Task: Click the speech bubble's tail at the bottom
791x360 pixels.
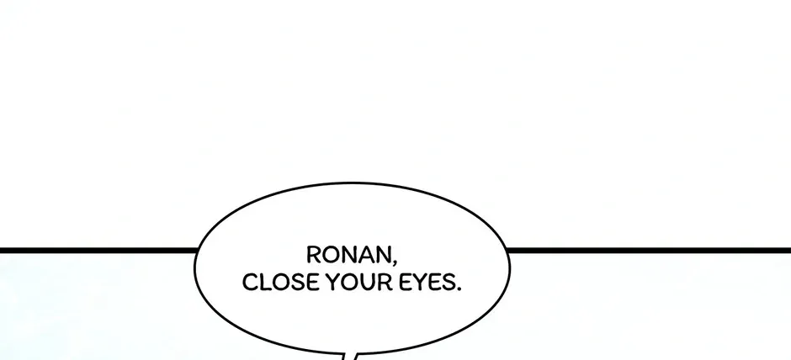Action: tap(351, 356)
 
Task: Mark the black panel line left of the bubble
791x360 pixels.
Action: tap(98, 251)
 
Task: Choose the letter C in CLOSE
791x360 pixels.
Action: tap(250, 283)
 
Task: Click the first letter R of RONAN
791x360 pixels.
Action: tap(314, 255)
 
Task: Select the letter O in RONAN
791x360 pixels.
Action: tap(331, 255)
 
